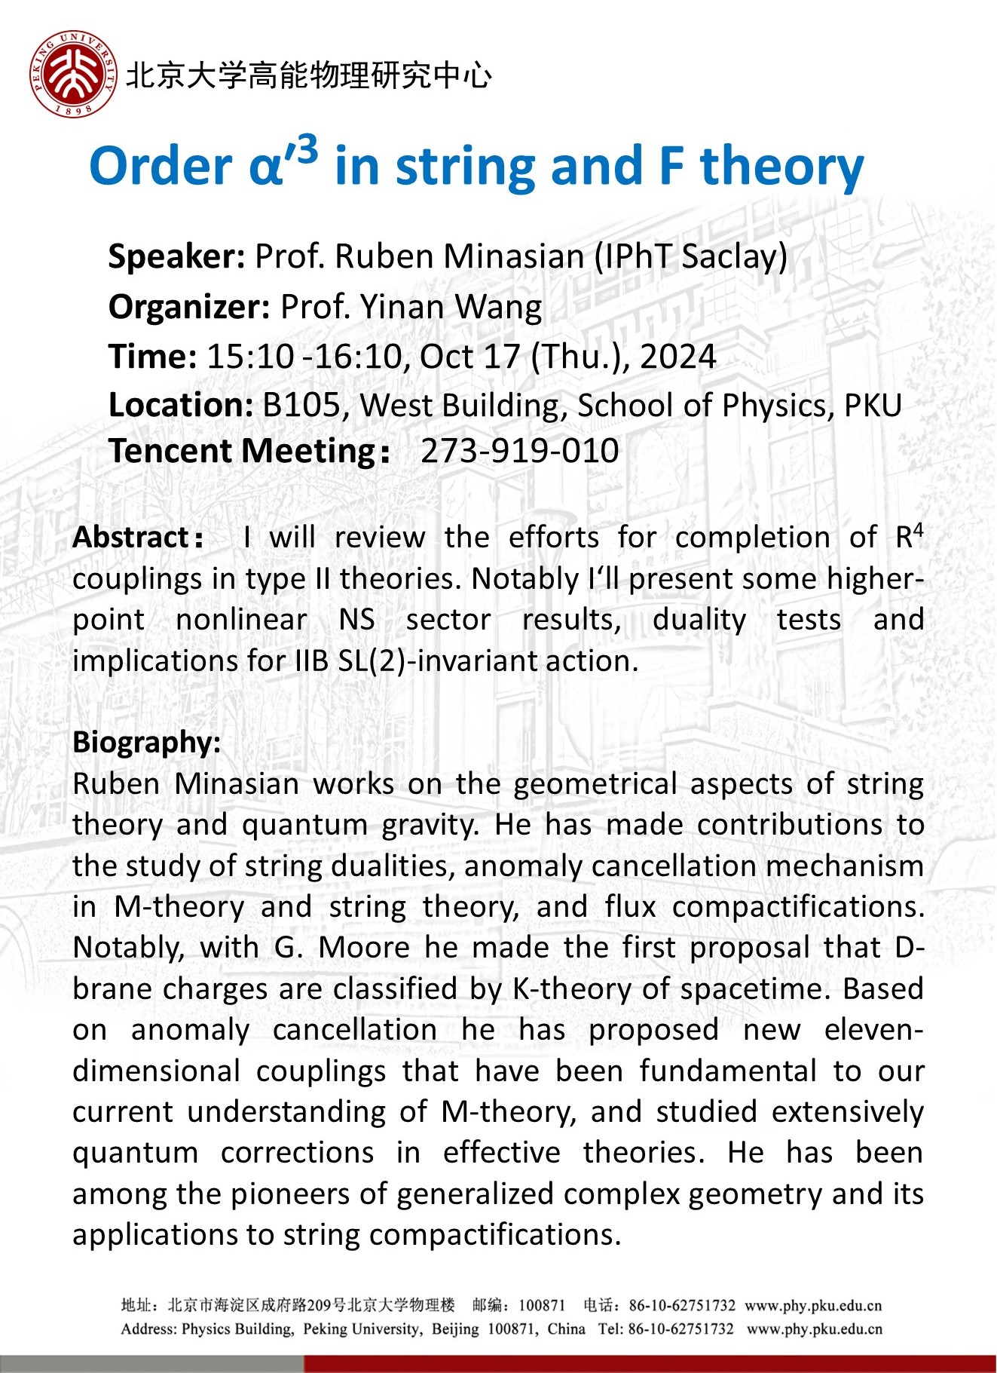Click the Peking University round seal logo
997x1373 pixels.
pyautogui.click(x=73, y=74)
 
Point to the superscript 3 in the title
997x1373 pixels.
pyautogui.click(x=306, y=149)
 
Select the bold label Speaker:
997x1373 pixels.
pyautogui.click(x=176, y=257)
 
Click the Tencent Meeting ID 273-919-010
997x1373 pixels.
pyautogui.click(x=519, y=451)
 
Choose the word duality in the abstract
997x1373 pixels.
pyautogui.click(x=699, y=620)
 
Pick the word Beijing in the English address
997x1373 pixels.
pyautogui.click(x=454, y=1329)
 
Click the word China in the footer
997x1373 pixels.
pyautogui.click(x=566, y=1329)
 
